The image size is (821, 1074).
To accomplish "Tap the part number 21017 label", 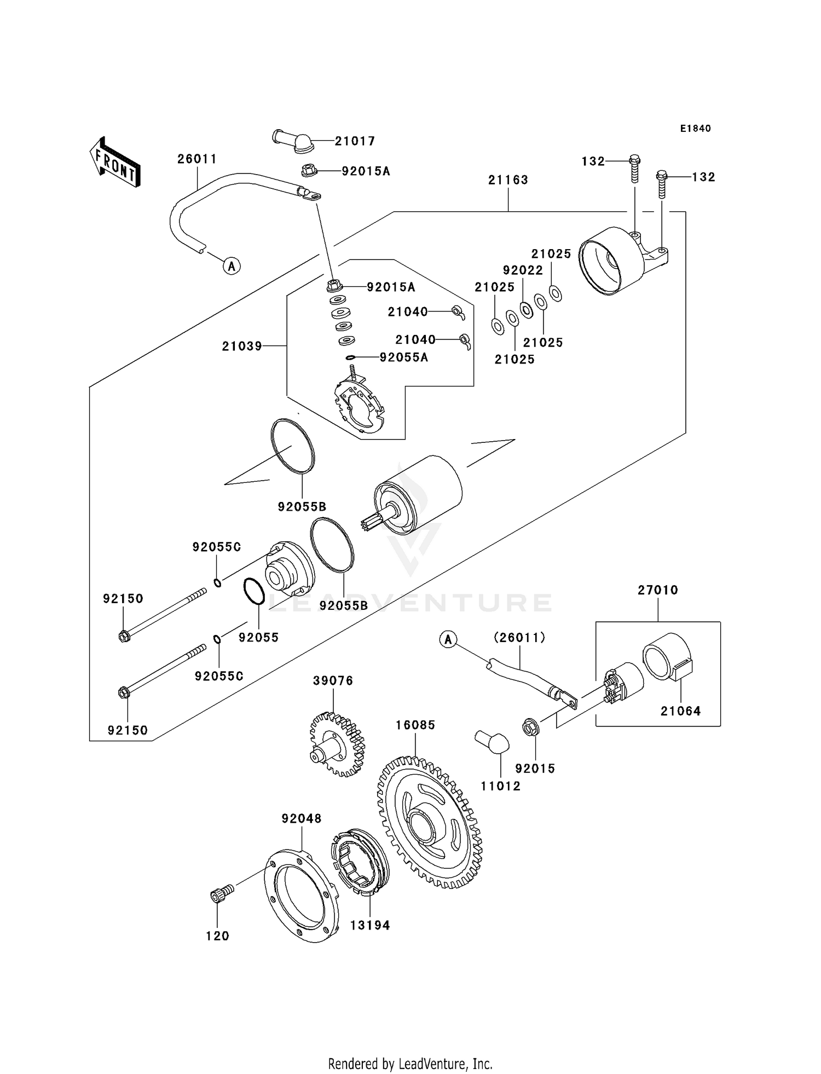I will point(355,141).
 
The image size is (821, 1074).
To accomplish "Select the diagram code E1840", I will point(695,129).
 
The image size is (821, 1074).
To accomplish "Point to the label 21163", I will point(508,180).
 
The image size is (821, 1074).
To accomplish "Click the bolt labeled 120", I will point(221,895).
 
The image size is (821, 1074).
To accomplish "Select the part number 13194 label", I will point(370,926).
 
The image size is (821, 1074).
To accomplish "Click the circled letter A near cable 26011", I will point(232,267).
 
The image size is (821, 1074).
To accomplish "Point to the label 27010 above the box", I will point(657,590).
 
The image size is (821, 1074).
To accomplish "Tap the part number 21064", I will point(680,711).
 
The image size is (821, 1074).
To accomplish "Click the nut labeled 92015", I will point(530,727).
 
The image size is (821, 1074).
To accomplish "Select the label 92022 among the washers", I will point(523,270).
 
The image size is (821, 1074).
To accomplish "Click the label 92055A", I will point(404,358).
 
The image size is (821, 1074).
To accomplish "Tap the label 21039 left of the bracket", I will point(242,346).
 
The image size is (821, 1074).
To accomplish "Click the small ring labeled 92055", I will point(254,592).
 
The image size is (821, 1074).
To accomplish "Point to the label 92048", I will point(302,819).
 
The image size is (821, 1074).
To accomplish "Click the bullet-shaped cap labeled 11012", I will point(492,742).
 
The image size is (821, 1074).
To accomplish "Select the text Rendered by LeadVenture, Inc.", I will point(410,1064).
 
